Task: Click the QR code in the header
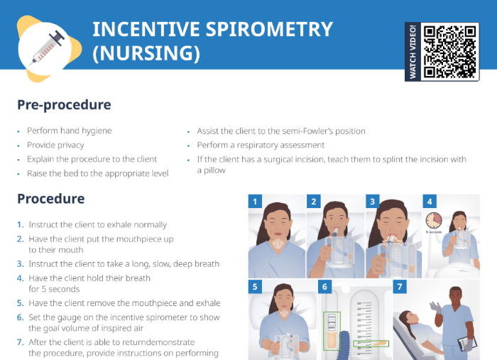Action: click(x=450, y=51)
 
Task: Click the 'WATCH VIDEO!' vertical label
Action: click(x=413, y=51)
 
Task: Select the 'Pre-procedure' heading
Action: click(x=64, y=105)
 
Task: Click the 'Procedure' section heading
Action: click(x=50, y=199)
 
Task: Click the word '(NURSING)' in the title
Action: click(x=146, y=53)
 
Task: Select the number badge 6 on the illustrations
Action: click(x=325, y=288)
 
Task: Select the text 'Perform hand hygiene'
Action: click(x=69, y=131)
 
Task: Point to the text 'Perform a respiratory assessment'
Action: click(x=261, y=145)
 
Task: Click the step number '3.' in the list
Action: click(x=21, y=264)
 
